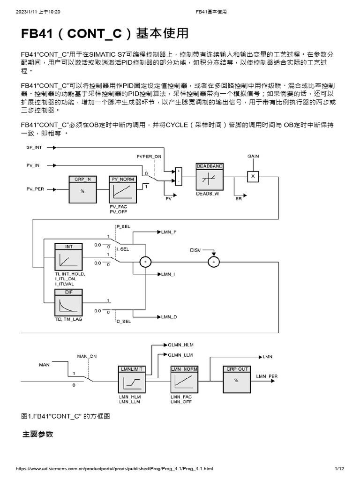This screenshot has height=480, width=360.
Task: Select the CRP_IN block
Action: click(x=82, y=189)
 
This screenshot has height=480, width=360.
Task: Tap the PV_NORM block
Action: click(x=122, y=189)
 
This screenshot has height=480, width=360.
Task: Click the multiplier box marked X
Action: click(x=253, y=177)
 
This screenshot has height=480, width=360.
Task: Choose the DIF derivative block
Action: click(x=69, y=304)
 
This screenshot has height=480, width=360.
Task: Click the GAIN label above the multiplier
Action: click(x=253, y=156)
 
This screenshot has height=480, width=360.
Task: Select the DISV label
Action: click(x=195, y=250)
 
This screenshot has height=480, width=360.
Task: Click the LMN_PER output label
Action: click(x=266, y=376)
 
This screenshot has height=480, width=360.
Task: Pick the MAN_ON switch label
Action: click(x=87, y=356)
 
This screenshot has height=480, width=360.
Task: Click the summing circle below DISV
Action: click(x=213, y=262)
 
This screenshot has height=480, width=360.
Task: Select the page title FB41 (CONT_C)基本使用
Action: click(x=105, y=34)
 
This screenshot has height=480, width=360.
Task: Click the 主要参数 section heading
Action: click(x=37, y=434)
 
